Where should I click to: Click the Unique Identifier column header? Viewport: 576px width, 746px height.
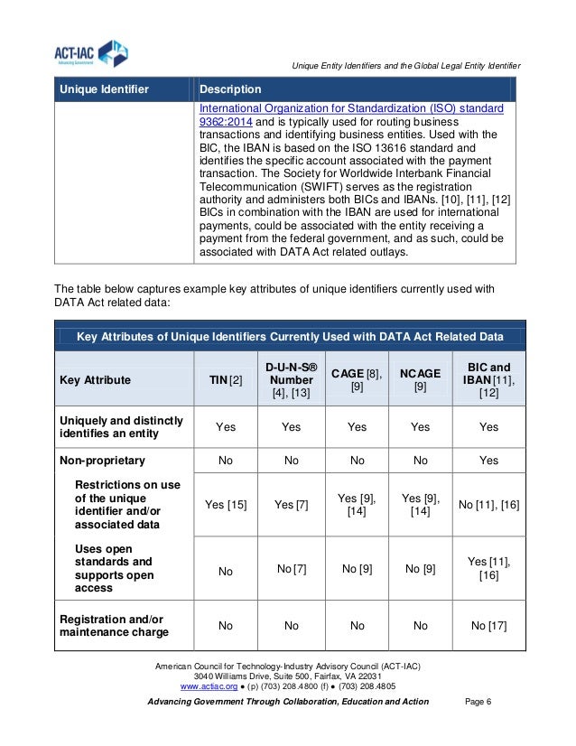pos(104,89)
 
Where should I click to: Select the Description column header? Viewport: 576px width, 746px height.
pos(230,89)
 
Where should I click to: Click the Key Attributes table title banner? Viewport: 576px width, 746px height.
pos(290,337)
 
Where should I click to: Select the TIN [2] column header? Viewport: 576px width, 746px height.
pos(226,380)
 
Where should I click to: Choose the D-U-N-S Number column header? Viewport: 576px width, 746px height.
pos(291,379)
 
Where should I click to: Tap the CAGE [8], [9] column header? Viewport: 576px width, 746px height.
pos(358,379)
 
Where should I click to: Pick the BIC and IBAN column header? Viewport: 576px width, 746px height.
pos(488,380)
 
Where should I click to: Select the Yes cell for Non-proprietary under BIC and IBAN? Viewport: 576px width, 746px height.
pos(488,460)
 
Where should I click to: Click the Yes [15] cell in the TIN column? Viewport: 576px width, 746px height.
pos(226,504)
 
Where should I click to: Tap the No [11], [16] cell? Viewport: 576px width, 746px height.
pos(488,504)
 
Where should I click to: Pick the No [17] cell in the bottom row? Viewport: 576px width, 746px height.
pos(488,625)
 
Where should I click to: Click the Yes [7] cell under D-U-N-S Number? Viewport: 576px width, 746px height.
pos(291,504)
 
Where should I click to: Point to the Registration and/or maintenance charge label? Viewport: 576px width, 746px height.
pos(114,626)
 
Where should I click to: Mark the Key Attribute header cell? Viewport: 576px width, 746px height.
pos(95,380)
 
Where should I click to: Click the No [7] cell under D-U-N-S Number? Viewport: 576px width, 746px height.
pos(291,568)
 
